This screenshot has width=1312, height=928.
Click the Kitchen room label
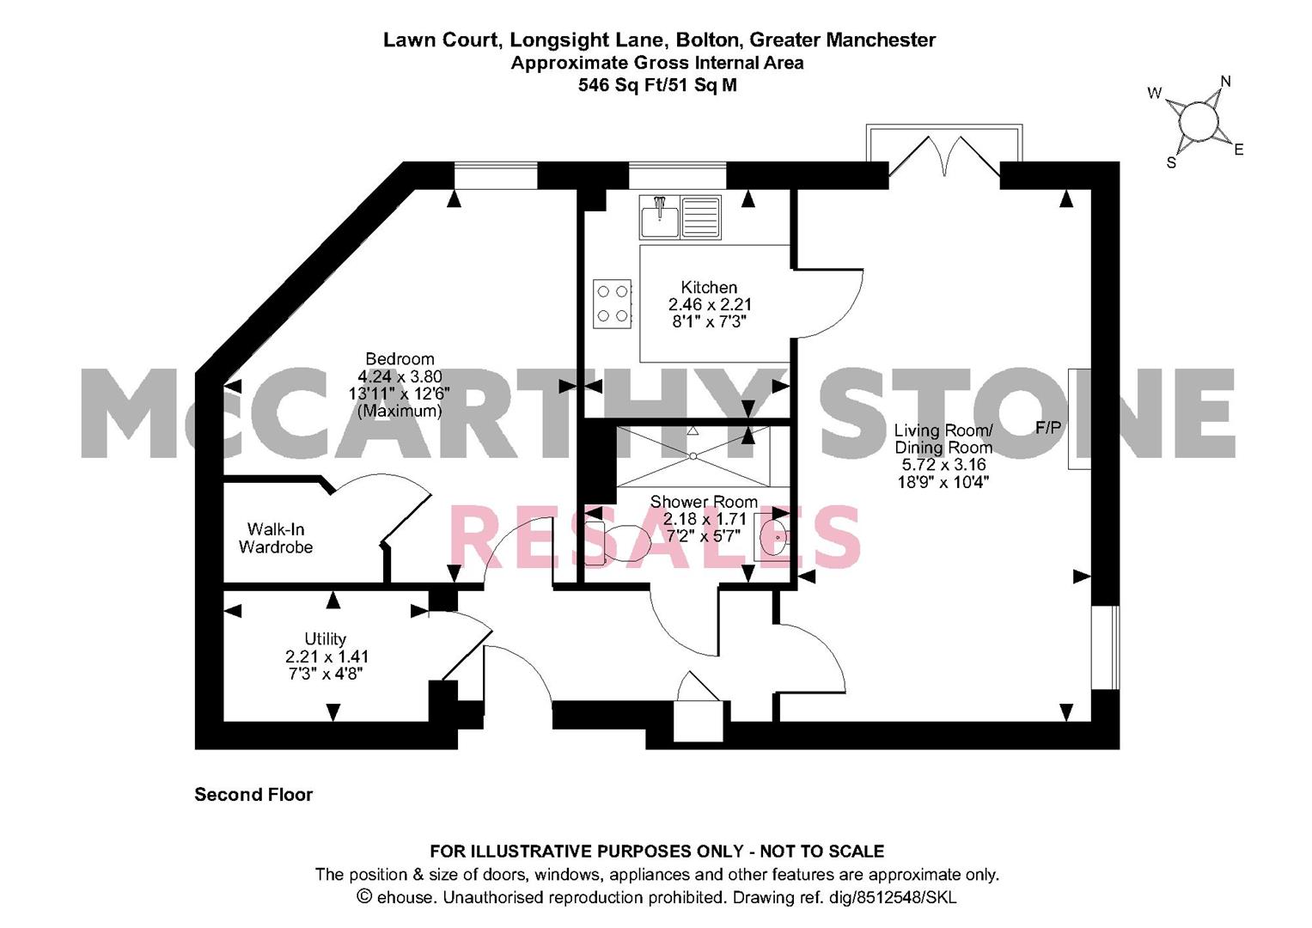(709, 288)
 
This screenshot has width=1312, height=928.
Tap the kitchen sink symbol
(680, 217)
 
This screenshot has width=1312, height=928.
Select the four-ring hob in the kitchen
(612, 303)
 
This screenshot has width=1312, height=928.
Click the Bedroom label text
(400, 359)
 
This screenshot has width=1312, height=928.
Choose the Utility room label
(325, 638)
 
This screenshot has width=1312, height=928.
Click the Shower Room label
(704, 502)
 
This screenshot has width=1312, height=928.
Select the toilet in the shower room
(614, 541)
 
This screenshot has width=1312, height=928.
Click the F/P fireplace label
(1047, 428)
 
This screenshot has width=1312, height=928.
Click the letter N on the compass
(1225, 82)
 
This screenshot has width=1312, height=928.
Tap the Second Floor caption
(253, 795)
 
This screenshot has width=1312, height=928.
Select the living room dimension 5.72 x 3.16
(943, 465)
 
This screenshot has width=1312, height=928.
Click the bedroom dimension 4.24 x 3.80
(400, 376)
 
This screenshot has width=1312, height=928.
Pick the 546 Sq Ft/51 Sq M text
(657, 85)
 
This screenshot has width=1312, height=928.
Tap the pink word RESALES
(655, 537)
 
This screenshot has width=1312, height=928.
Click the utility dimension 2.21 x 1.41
(326, 656)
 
